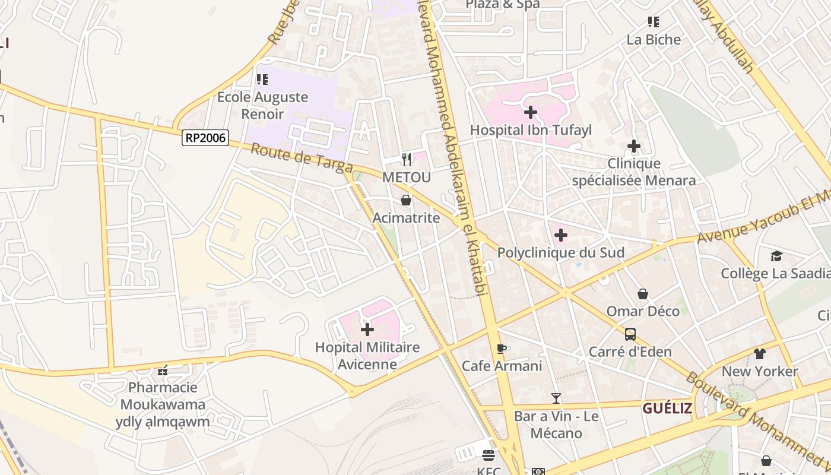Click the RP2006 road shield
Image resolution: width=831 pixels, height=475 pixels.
pos(205,138)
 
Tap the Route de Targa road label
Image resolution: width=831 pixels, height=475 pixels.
pos(301,158)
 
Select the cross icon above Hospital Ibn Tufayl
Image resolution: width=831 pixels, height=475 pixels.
pos(531,112)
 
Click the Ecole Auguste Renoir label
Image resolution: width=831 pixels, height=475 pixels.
pos(262,105)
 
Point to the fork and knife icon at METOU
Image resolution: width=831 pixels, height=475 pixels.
pos(407,159)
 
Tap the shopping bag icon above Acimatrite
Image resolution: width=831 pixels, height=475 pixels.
pos(406,200)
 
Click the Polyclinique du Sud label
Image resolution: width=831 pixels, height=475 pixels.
pos(560,252)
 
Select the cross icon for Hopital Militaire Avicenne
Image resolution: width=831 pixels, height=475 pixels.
pos(367,329)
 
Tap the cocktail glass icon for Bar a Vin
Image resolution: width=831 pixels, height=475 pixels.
pos(556,398)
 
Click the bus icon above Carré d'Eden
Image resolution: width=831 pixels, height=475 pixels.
pos(630,334)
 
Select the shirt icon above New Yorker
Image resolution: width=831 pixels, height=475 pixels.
pos(760,354)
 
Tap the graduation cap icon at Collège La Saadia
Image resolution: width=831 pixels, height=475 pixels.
pos(776,256)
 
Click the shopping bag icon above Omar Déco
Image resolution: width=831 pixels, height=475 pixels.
pos(643,294)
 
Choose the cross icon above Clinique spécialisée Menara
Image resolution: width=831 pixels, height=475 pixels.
pos(634,145)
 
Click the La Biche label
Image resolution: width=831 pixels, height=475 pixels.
pos(654,39)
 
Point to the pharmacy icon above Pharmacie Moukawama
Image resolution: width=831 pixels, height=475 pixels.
pos(163,370)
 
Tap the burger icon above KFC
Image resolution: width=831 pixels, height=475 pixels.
pos(489,455)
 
